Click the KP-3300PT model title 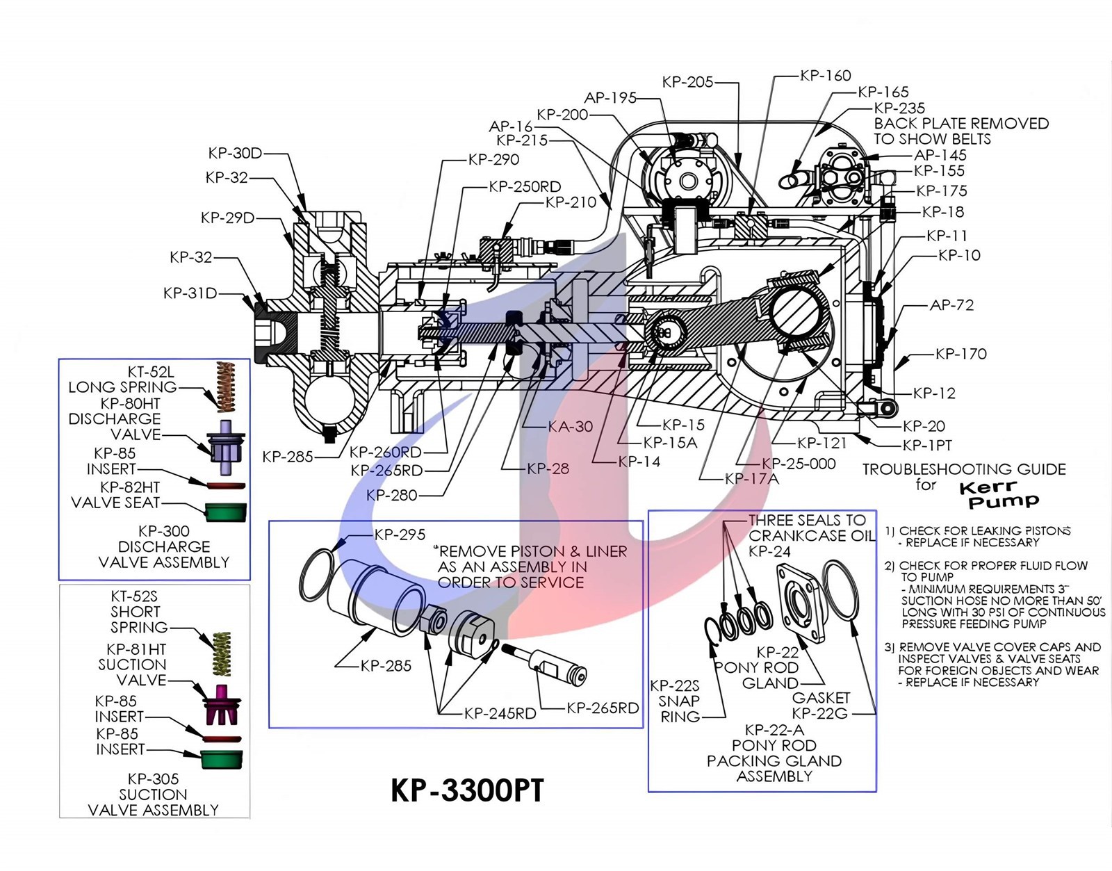tap(467, 791)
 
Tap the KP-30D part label tap(235, 153)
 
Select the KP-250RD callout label tap(524, 186)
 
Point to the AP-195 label tap(610, 98)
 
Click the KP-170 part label tap(960, 354)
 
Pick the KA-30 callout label tap(570, 427)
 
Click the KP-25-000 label tap(799, 464)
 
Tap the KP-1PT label tap(927, 445)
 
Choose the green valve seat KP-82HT tap(226, 512)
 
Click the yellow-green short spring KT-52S tap(221, 653)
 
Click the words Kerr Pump tap(999, 494)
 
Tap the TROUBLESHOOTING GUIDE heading tap(964, 469)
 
